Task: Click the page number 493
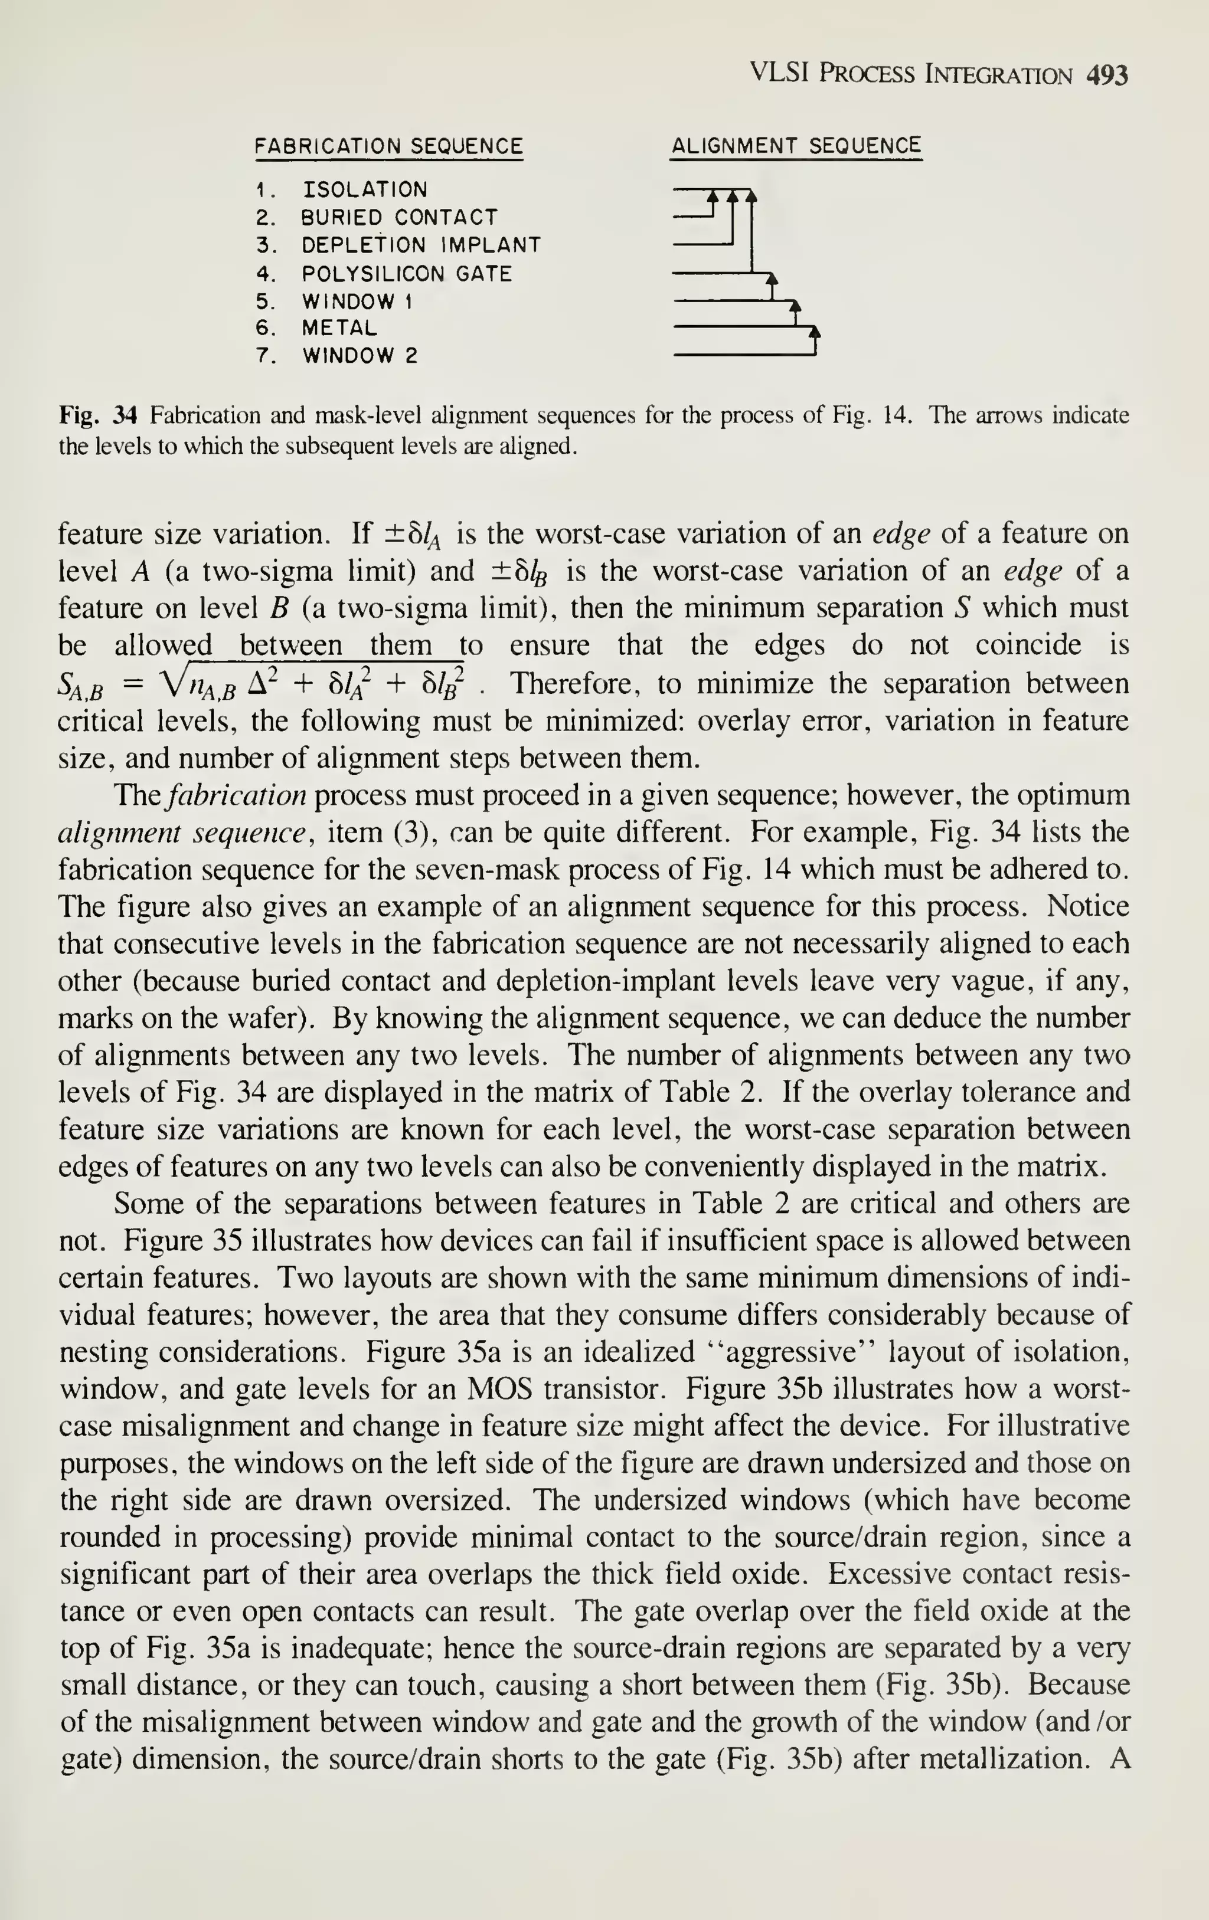pos(1107,76)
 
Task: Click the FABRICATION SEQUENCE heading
pos(388,147)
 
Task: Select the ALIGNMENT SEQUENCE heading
pos(796,146)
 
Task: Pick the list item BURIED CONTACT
pos(398,218)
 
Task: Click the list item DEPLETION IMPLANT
pos(421,245)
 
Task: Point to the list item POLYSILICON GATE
pos(406,274)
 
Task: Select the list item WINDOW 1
pos(357,302)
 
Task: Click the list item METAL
pos(339,327)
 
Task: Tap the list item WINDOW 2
pos(359,356)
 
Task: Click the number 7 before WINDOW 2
pos(262,356)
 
